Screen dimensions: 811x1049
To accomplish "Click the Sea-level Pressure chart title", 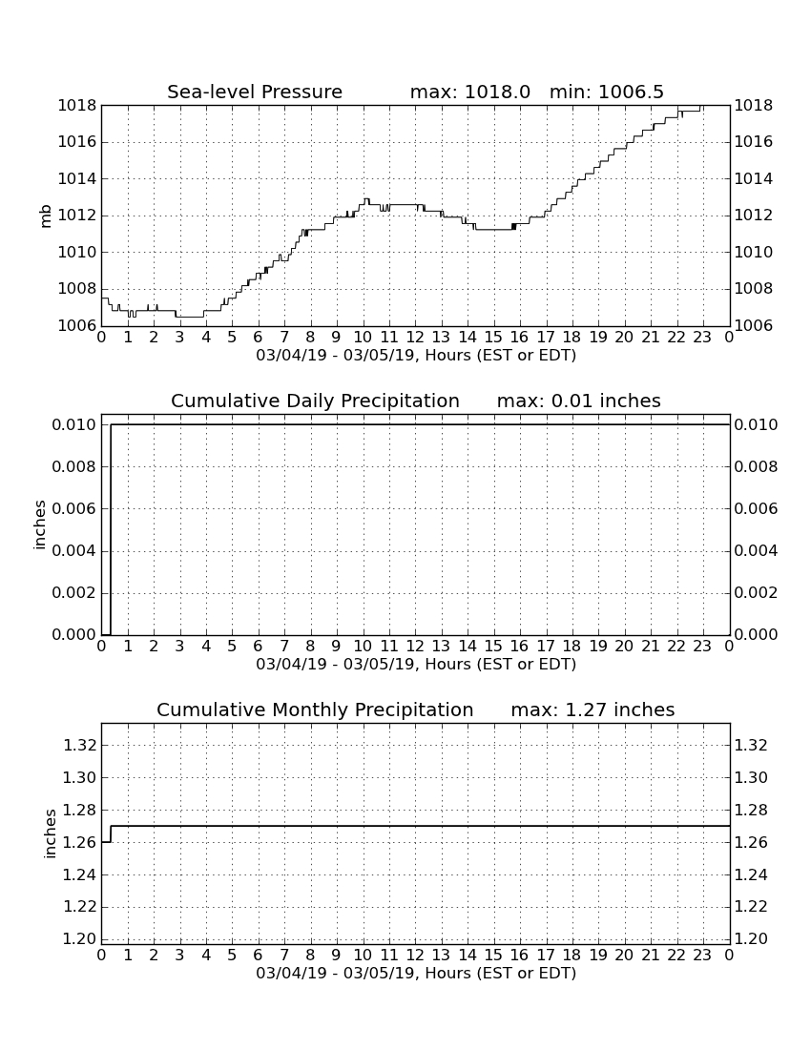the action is [x=255, y=92].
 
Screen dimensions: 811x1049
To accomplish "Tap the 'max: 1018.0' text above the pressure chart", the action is [x=469, y=92].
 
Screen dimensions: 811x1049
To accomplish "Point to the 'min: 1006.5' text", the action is [x=606, y=92].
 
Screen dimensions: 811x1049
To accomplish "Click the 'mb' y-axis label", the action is [x=46, y=216].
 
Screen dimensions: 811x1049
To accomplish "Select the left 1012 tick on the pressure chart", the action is [x=77, y=216].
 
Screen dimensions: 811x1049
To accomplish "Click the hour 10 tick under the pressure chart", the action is [x=363, y=337].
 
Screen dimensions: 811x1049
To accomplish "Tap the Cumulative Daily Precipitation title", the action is [x=315, y=401].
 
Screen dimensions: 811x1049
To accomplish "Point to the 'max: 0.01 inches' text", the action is [x=579, y=401].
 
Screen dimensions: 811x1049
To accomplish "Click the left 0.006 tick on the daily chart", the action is [x=74, y=508].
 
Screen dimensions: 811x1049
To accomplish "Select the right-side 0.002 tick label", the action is [x=756, y=593].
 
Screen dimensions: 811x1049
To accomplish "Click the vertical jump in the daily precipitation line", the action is [x=111, y=529].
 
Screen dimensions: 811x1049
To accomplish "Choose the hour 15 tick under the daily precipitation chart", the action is [x=493, y=646].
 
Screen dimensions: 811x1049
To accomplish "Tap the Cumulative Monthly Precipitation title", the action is [x=315, y=710].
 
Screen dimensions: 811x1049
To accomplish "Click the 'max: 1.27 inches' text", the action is [x=593, y=710].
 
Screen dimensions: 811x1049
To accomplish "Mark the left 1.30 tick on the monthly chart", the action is [x=79, y=777].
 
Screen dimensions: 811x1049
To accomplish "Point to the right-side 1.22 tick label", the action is [x=751, y=907].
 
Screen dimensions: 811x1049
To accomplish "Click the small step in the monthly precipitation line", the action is [x=111, y=833].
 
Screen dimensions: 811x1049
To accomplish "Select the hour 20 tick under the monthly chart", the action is [x=624, y=955].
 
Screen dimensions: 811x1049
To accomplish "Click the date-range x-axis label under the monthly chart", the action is [x=416, y=973].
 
